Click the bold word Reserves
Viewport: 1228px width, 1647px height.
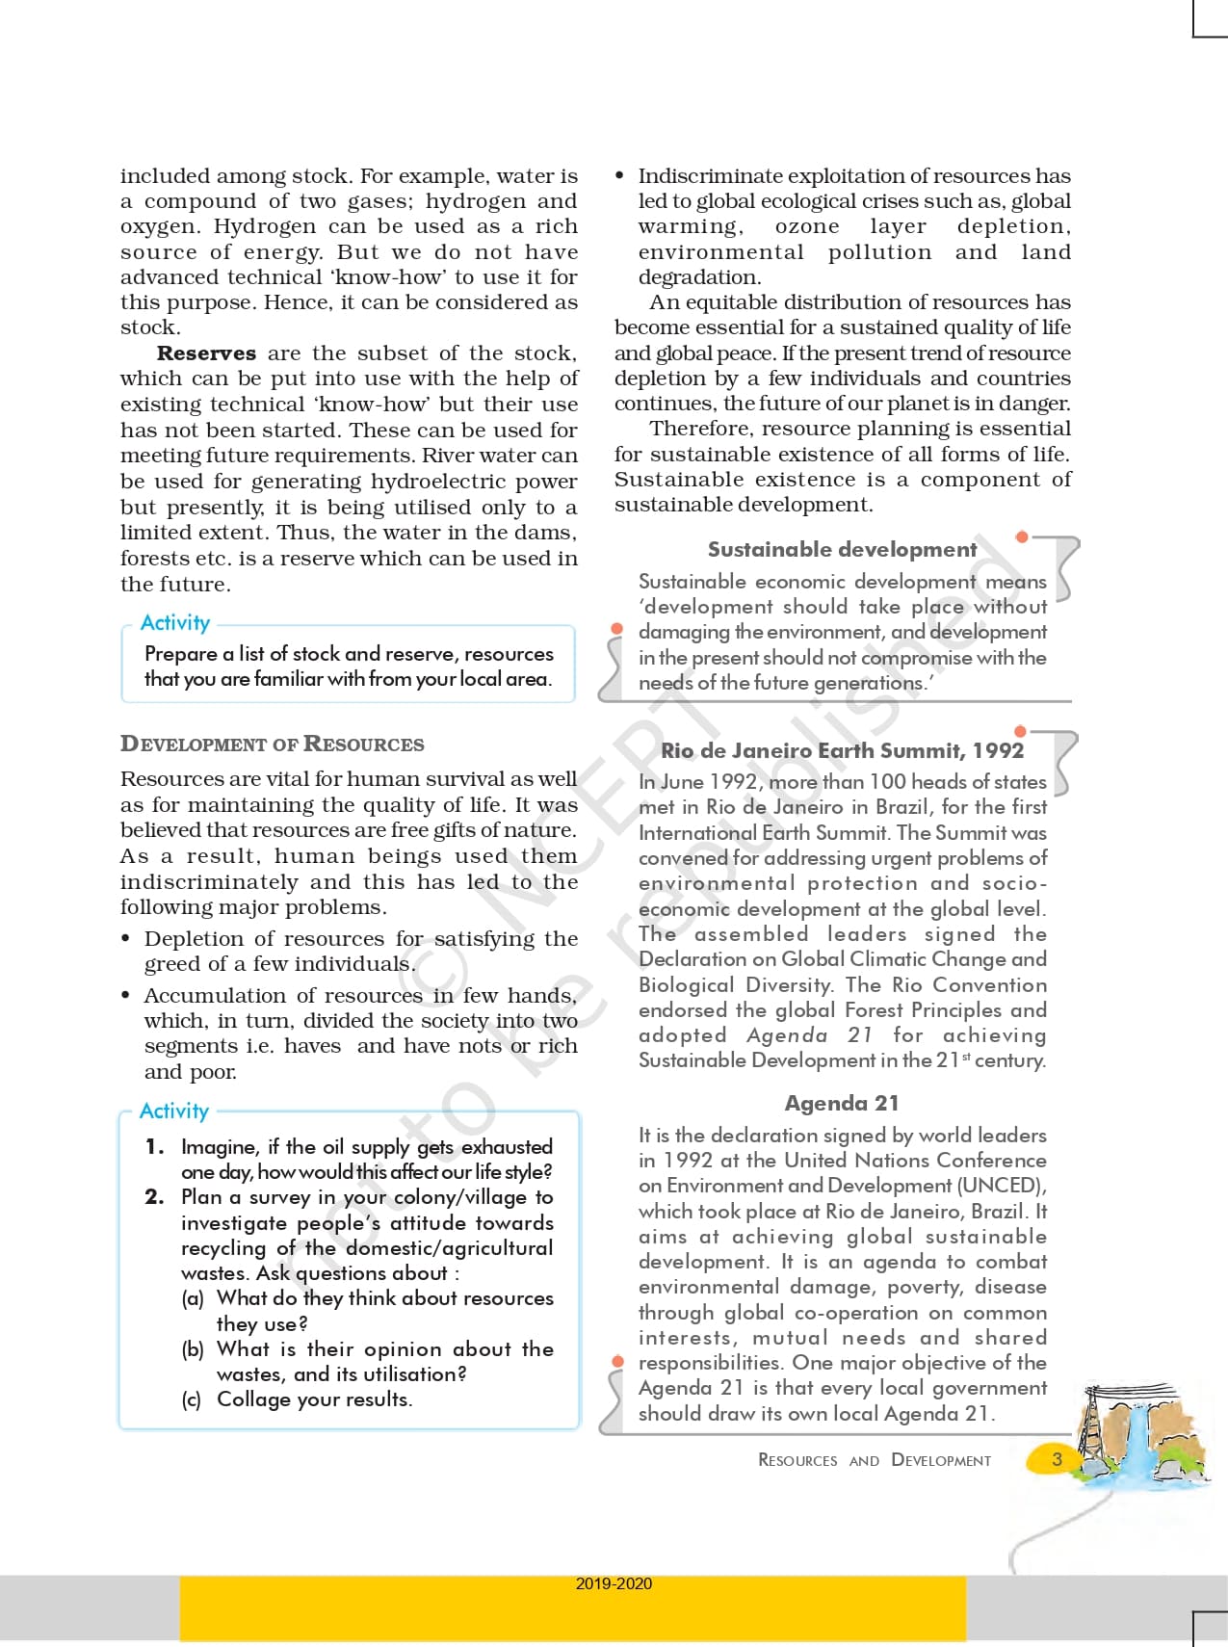pyautogui.click(x=206, y=353)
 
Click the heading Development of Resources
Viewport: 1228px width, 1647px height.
pyautogui.click(x=272, y=744)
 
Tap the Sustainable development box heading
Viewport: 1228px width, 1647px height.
pyautogui.click(x=842, y=549)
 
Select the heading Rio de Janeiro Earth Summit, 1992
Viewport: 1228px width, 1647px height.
pyautogui.click(x=842, y=750)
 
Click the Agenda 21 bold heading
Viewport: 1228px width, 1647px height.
pyautogui.click(x=841, y=1103)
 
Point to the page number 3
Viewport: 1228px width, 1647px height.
pyautogui.click(x=1057, y=1458)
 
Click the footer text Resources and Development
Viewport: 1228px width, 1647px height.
pyautogui.click(x=874, y=1460)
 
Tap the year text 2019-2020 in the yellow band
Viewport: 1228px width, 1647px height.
pyautogui.click(x=614, y=1583)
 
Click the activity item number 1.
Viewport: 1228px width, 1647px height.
pyautogui.click(x=154, y=1146)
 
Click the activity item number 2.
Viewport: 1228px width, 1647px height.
pyautogui.click(x=154, y=1197)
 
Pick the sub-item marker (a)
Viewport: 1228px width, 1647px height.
pyautogui.click(x=193, y=1298)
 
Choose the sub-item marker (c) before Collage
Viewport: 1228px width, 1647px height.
pyautogui.click(x=192, y=1399)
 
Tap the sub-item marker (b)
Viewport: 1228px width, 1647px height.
pyautogui.click(x=193, y=1349)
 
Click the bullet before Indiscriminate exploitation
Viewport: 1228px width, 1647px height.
pyautogui.click(x=619, y=176)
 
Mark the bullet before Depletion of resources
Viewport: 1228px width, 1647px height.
pyautogui.click(x=125, y=939)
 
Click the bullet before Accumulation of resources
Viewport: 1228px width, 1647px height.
pyautogui.click(x=125, y=996)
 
